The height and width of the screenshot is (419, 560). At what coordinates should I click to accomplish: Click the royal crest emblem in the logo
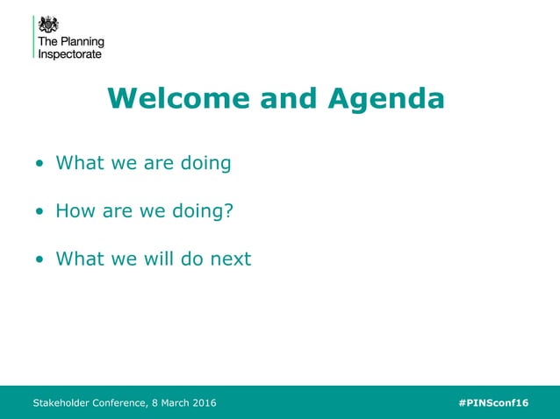coord(48,23)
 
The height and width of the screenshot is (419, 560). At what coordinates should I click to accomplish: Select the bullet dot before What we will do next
coord(39,260)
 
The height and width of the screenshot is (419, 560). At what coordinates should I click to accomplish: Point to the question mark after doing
coord(229,211)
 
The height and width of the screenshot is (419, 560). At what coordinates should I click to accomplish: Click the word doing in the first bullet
coord(204,164)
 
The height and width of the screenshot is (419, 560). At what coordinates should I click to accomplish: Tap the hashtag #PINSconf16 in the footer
coord(493,403)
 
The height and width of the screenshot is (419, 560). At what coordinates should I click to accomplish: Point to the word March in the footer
coord(168,403)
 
